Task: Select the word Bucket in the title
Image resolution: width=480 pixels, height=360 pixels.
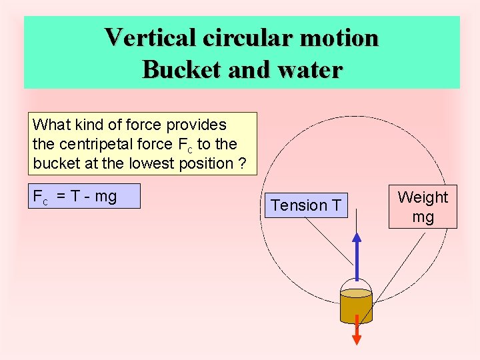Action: (x=181, y=69)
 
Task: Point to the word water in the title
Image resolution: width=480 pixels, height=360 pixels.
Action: (x=308, y=69)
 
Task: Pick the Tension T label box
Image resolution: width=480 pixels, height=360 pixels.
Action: (x=307, y=205)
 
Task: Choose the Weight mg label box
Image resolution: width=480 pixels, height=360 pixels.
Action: (x=423, y=207)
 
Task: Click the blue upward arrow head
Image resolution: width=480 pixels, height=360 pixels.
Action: (x=357, y=237)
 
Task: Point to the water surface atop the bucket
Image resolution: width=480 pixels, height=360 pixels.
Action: (x=356, y=293)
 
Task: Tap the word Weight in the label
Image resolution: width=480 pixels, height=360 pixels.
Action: (x=423, y=197)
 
